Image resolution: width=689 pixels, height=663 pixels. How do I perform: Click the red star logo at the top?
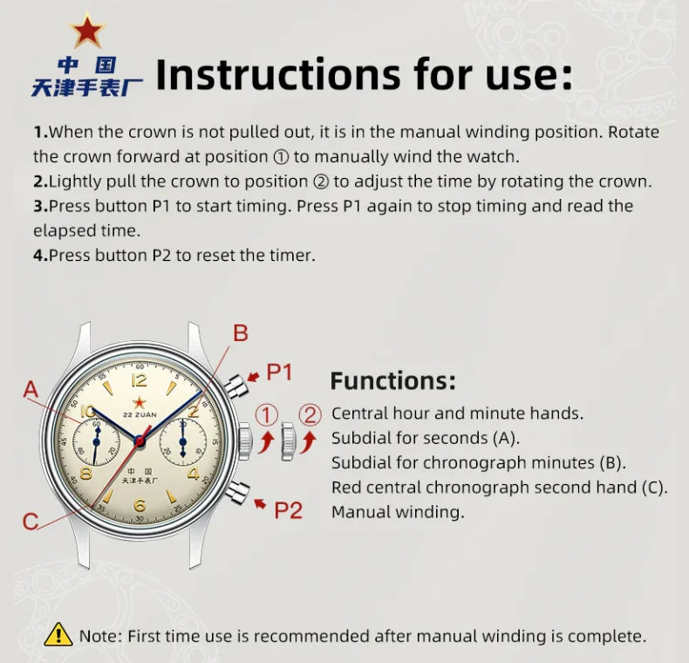[x=88, y=30]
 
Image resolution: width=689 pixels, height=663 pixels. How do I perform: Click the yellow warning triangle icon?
[x=58, y=634]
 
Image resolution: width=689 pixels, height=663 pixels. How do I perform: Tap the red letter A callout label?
[x=31, y=390]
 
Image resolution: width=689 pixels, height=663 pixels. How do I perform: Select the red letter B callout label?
[x=241, y=333]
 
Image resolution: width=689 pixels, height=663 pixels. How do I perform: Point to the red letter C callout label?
[x=31, y=522]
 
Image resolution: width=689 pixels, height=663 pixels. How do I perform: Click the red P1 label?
[x=279, y=372]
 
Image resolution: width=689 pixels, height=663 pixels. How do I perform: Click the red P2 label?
[x=289, y=510]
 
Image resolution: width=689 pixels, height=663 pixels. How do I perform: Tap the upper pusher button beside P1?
[x=237, y=386]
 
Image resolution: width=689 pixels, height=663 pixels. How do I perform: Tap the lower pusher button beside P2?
[x=238, y=491]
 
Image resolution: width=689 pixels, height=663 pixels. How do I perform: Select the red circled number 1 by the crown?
[x=267, y=415]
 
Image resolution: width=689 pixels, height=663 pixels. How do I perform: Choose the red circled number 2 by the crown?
[x=310, y=414]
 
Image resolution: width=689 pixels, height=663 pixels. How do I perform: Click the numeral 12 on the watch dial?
[x=140, y=379]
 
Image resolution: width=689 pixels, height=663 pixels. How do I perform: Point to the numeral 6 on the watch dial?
[x=140, y=505]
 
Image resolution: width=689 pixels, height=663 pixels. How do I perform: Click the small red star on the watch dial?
[x=140, y=402]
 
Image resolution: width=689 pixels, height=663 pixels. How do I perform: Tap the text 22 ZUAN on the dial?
[x=140, y=414]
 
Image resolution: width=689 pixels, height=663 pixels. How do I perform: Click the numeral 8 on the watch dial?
[x=86, y=474]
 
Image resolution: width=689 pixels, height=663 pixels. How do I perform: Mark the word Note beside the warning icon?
[x=98, y=636]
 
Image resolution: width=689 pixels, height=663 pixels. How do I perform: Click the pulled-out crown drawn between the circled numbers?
[x=289, y=441]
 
